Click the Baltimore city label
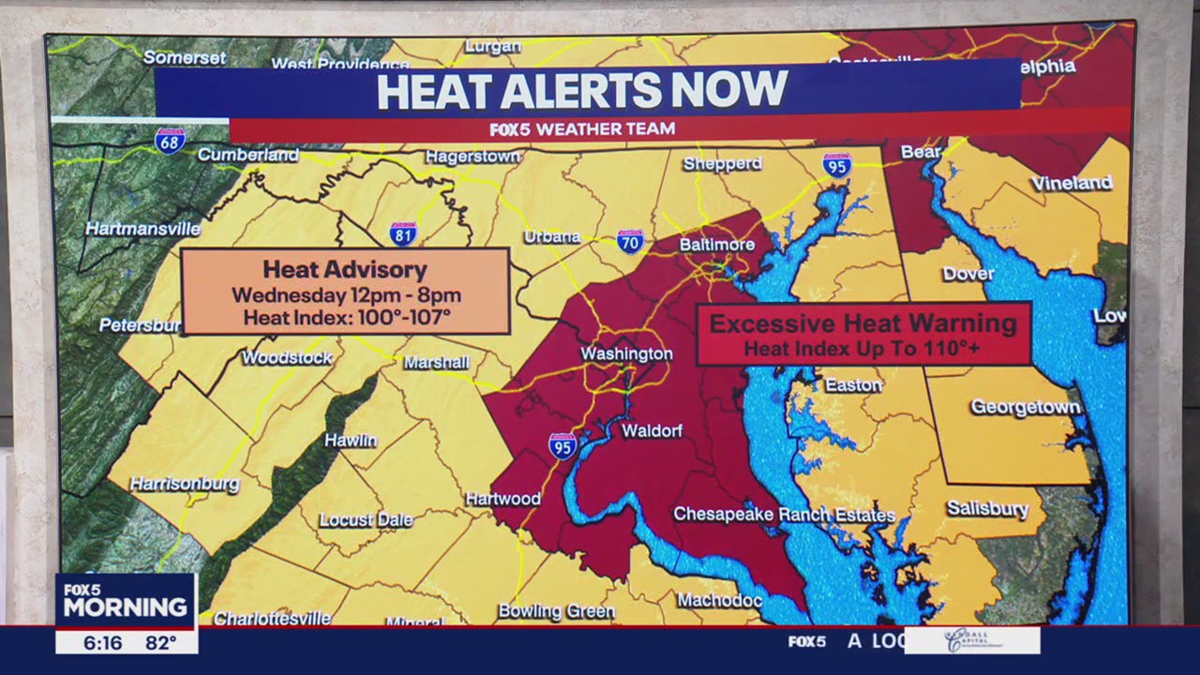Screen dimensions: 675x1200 [x=716, y=245]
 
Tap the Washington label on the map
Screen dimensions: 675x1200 [x=626, y=353]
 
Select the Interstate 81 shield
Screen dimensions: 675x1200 [x=403, y=233]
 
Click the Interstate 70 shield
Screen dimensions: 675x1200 [x=630, y=241]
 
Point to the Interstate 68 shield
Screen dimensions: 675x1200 [x=170, y=141]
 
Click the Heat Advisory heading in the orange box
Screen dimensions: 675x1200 [x=344, y=270]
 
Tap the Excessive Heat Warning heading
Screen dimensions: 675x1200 [x=862, y=323]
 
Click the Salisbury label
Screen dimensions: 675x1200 [x=987, y=508]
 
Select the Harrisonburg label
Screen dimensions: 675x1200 [x=185, y=484]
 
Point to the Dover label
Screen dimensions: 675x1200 [x=967, y=274]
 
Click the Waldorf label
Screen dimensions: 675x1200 [x=652, y=430]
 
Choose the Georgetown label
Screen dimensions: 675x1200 [x=1025, y=407]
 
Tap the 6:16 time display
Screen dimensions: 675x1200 [x=102, y=643]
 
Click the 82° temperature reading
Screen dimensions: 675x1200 [x=160, y=643]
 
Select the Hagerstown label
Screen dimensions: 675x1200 [x=472, y=157]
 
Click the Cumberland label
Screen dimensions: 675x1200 [x=247, y=155]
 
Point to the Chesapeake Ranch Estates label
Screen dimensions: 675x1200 [x=784, y=515]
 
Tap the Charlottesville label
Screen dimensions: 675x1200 [x=272, y=618]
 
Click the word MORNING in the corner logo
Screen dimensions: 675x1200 [x=126, y=607]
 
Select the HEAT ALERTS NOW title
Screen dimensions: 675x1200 [x=581, y=91]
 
